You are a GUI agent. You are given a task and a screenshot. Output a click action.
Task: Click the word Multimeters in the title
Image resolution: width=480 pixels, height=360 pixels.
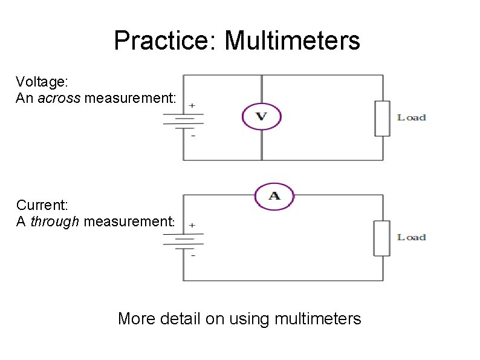(292, 41)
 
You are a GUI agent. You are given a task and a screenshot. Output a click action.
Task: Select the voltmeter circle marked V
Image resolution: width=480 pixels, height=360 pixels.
(262, 116)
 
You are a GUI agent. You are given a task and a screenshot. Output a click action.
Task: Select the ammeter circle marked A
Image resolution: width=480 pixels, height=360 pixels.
(274, 196)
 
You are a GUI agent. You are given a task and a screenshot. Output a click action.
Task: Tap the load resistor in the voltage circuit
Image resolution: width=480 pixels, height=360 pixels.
(382, 119)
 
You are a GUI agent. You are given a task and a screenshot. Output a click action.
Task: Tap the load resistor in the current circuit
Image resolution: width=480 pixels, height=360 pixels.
(381, 238)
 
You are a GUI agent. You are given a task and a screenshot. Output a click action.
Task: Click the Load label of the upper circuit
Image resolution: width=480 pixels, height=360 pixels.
(411, 117)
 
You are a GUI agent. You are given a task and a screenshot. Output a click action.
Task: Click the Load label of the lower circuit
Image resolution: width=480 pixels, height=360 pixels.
(411, 237)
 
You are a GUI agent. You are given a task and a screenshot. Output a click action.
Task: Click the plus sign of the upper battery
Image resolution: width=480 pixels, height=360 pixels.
(192, 105)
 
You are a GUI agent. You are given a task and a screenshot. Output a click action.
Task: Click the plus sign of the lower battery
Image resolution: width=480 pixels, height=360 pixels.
(192, 224)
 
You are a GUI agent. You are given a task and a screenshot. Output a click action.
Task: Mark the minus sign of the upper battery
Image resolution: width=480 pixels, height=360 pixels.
(192, 137)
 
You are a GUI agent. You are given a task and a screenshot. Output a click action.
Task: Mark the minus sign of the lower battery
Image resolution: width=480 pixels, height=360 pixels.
(192, 256)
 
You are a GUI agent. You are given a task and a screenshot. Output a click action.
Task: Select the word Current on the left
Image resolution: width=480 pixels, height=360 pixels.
(36, 206)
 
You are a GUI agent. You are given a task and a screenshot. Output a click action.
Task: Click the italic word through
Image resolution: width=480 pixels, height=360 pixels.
(55, 221)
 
